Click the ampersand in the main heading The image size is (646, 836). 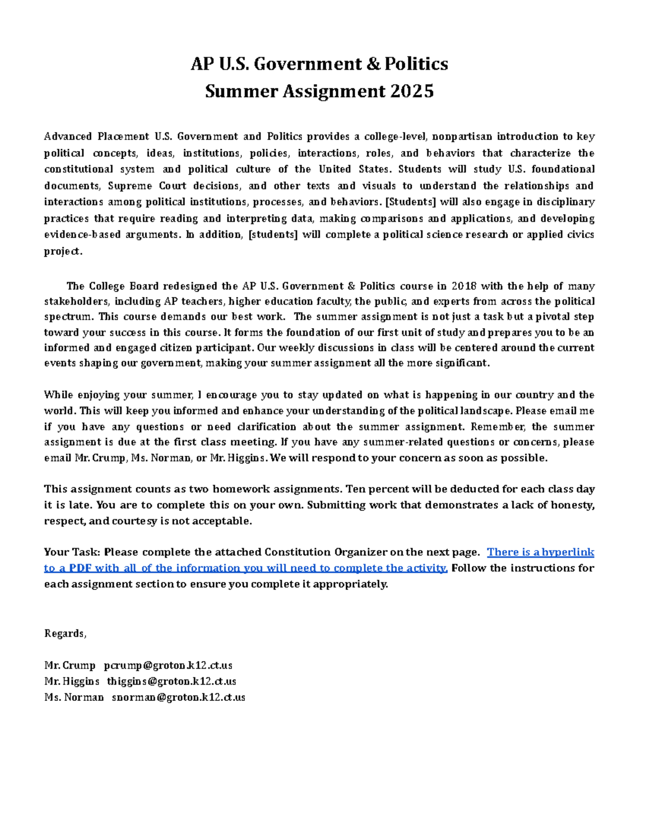click(x=373, y=64)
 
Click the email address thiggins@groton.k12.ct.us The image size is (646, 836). click(x=171, y=682)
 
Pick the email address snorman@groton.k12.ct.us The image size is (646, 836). click(x=178, y=698)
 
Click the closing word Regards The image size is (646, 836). click(x=65, y=634)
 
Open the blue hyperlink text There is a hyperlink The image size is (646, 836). click(x=540, y=552)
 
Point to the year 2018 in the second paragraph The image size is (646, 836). click(x=464, y=286)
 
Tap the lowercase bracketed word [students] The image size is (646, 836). click(x=272, y=235)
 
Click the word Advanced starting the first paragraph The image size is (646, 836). click(x=68, y=137)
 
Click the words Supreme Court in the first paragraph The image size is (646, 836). click(x=146, y=186)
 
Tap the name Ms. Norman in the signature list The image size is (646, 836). click(x=74, y=698)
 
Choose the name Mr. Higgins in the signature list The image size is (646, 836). click(x=72, y=682)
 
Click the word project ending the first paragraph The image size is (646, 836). click(x=62, y=251)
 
